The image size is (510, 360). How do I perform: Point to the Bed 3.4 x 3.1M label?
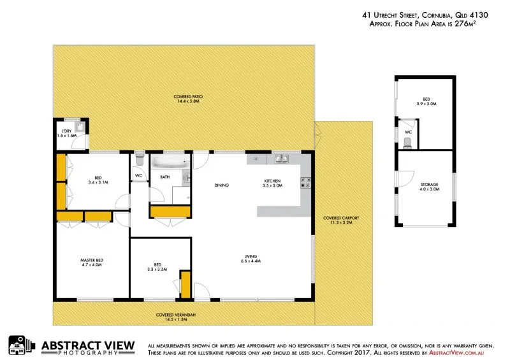click(98, 180)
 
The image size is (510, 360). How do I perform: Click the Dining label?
click(221, 185)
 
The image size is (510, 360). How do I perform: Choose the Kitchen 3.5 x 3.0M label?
click(272, 184)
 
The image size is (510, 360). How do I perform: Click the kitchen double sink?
click(281, 158)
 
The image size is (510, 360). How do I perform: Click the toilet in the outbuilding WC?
click(408, 143)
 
